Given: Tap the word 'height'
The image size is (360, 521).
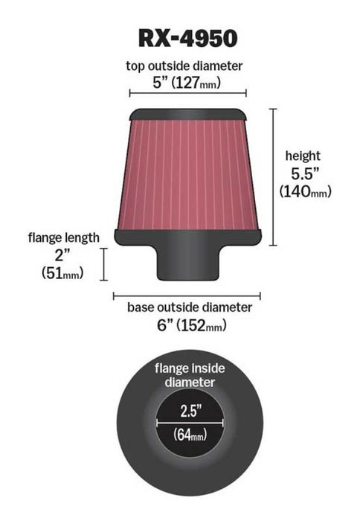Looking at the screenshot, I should point(303,156).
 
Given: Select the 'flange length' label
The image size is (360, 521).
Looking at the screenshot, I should point(63,238).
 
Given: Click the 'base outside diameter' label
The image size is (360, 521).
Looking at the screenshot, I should point(189,307).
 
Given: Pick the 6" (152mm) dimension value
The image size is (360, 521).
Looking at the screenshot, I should point(189,325).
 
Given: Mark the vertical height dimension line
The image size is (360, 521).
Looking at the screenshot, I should point(274,176).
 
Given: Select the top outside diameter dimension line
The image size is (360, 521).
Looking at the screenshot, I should point(187,94).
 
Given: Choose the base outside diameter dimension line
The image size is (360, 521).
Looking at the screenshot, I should point(187,295).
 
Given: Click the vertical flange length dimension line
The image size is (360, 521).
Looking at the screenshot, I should point(104,264).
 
